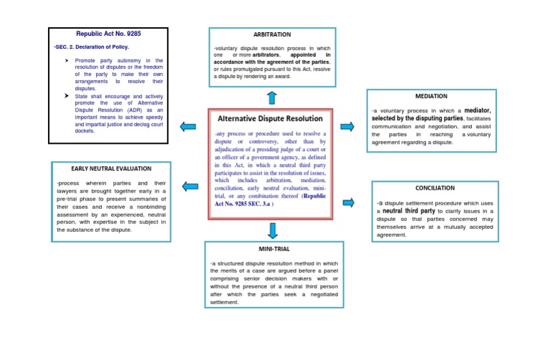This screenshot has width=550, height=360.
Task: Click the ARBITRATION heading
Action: [x=271, y=34]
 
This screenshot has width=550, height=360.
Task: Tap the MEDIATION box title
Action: [x=431, y=96]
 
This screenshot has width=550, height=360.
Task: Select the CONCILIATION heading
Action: [x=435, y=188]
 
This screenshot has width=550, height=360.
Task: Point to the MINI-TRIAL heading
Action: [x=274, y=248]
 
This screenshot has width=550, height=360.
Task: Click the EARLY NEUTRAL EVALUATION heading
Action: [x=111, y=169]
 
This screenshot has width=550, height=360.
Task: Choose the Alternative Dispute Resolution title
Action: [x=270, y=118]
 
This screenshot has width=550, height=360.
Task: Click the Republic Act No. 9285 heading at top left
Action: [x=107, y=34]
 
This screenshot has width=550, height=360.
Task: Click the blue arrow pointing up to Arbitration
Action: [x=271, y=97]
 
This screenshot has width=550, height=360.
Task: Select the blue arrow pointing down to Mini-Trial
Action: [x=272, y=230]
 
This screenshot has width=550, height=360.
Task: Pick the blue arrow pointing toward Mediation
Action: [x=347, y=127]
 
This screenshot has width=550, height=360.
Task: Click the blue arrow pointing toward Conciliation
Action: [x=349, y=203]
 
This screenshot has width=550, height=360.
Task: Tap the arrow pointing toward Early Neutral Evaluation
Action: [x=190, y=187]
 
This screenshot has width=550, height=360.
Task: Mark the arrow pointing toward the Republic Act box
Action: [x=188, y=127]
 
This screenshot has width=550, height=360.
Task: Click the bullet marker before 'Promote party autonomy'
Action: [x=66, y=62]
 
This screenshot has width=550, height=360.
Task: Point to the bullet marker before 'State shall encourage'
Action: [x=66, y=96]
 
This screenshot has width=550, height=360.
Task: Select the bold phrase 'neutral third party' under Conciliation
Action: [x=409, y=211]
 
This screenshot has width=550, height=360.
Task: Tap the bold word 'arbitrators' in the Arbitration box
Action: [x=266, y=54]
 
